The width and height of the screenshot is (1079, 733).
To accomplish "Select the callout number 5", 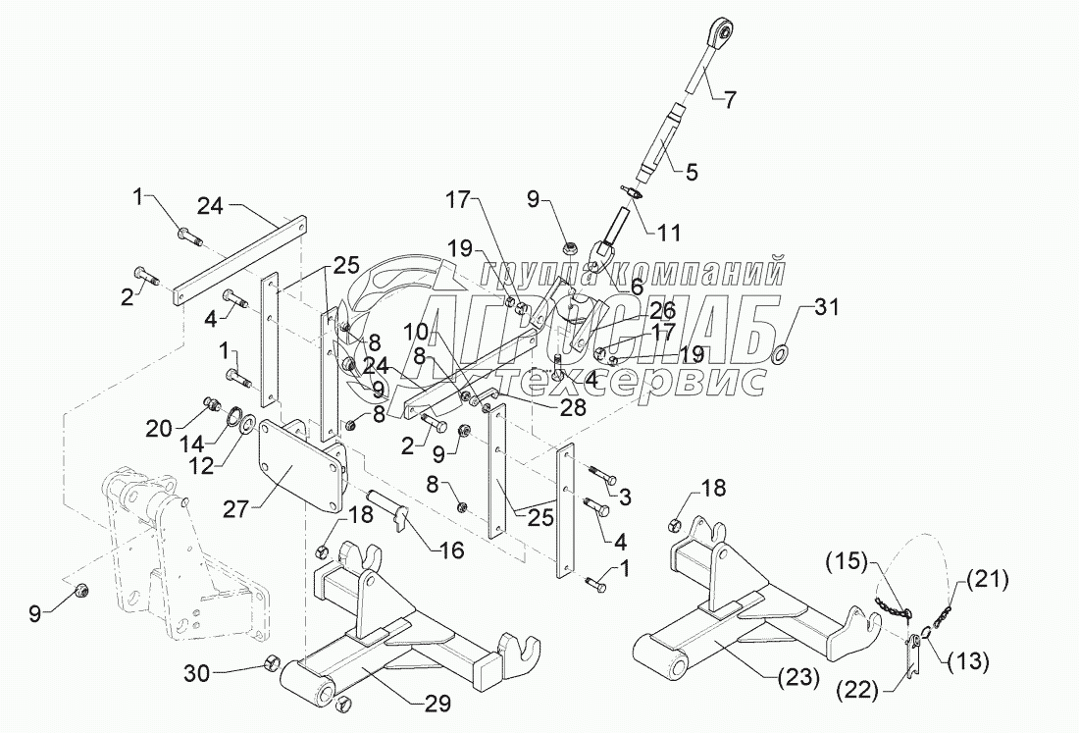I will (692, 173).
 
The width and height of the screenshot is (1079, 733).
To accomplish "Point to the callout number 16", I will (451, 550).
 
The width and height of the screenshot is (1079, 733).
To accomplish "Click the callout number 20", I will (160, 429).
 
